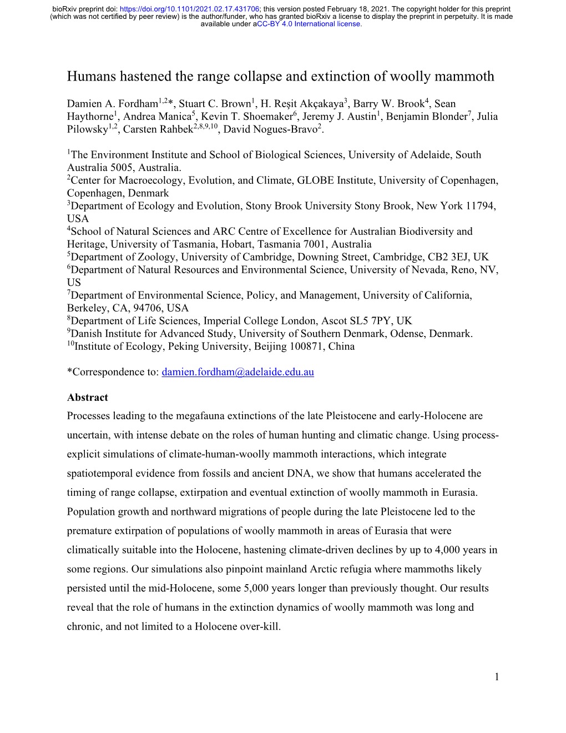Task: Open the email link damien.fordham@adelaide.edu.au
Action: [237, 372]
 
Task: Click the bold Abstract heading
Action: [88, 398]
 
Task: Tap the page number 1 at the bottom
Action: [497, 676]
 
